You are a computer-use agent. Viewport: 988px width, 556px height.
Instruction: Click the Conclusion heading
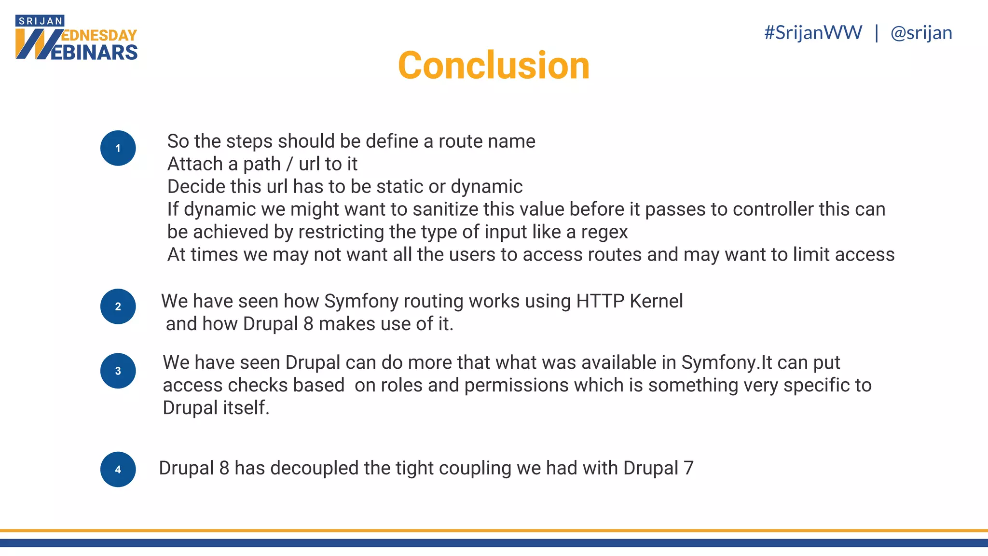coord(494,66)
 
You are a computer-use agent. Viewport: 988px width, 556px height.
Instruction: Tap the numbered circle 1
coord(118,148)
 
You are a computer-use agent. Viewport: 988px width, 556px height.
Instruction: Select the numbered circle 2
coord(118,306)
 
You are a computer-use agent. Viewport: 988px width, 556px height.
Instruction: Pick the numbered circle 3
coord(118,371)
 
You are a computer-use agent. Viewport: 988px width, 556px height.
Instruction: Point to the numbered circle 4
coord(118,469)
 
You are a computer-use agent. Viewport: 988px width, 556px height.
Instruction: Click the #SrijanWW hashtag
coord(813,33)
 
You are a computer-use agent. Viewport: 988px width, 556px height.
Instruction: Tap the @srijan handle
coord(921,33)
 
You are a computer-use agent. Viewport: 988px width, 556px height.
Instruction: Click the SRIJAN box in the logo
coord(40,21)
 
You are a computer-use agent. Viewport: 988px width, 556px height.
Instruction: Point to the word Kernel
coord(656,301)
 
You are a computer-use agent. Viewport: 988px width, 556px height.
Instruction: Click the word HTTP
coord(600,301)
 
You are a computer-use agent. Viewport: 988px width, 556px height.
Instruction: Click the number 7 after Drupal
coord(688,468)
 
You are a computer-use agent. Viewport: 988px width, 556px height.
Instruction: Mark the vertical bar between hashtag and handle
coord(877,33)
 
